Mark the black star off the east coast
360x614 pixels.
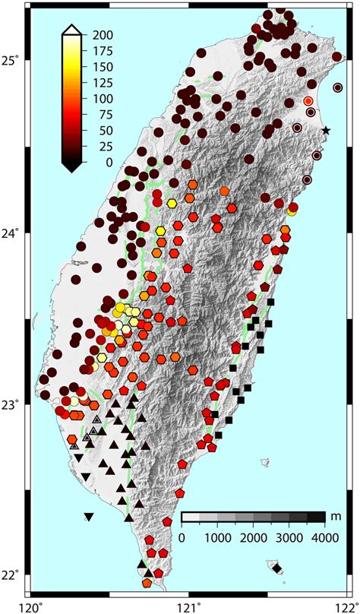326,131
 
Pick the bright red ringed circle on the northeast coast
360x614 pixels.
308,100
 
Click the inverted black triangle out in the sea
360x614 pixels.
89,517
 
